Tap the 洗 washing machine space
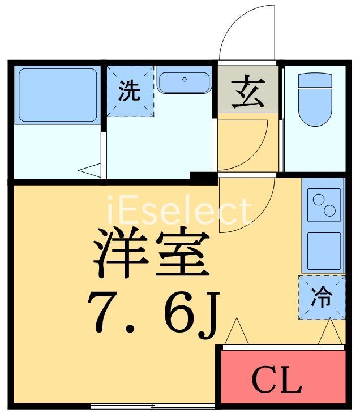pyautogui.click(x=130, y=91)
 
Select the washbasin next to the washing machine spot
pyautogui.click(x=184, y=82)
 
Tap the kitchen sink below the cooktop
pyautogui.click(x=324, y=249)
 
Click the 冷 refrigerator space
pyautogui.click(x=322, y=298)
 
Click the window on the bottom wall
pyautogui.click(x=153, y=406)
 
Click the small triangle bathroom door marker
pyautogui.click(x=91, y=169)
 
